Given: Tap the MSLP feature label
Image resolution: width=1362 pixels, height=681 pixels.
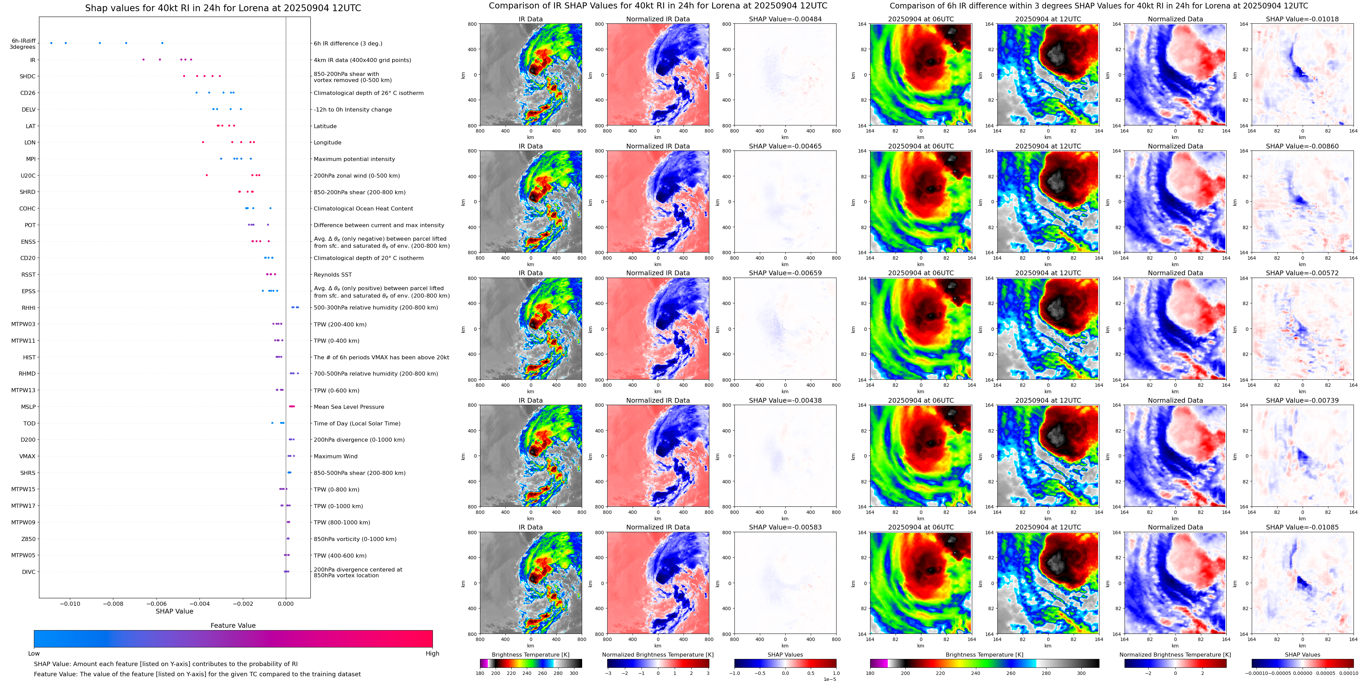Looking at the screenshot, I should (x=28, y=407).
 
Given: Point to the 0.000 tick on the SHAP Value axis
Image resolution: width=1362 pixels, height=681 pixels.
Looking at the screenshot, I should (x=286, y=603).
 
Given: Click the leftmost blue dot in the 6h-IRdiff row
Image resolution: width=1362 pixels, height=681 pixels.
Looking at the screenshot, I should (x=51, y=43).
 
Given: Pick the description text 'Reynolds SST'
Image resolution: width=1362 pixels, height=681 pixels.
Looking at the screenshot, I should (x=332, y=275).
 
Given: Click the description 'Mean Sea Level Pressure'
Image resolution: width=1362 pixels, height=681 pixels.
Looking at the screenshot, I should (x=348, y=407).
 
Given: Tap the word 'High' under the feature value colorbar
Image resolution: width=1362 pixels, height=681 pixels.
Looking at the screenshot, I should (x=432, y=654).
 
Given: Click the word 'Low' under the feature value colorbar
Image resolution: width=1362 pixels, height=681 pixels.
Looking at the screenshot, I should (x=34, y=654).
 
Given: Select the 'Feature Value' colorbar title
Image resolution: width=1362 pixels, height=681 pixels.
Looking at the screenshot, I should (x=233, y=625).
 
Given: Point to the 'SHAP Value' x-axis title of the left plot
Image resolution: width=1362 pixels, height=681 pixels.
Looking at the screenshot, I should (x=174, y=611).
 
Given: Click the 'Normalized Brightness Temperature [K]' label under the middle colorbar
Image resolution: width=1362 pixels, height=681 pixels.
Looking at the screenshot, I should (x=658, y=655).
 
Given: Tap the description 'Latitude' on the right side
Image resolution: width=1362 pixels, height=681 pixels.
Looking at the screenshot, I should (x=325, y=126).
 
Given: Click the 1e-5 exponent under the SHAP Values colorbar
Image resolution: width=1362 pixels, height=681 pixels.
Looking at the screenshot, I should (x=829, y=679).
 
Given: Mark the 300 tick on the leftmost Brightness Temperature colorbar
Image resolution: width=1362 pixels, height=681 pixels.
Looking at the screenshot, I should (x=574, y=673).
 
